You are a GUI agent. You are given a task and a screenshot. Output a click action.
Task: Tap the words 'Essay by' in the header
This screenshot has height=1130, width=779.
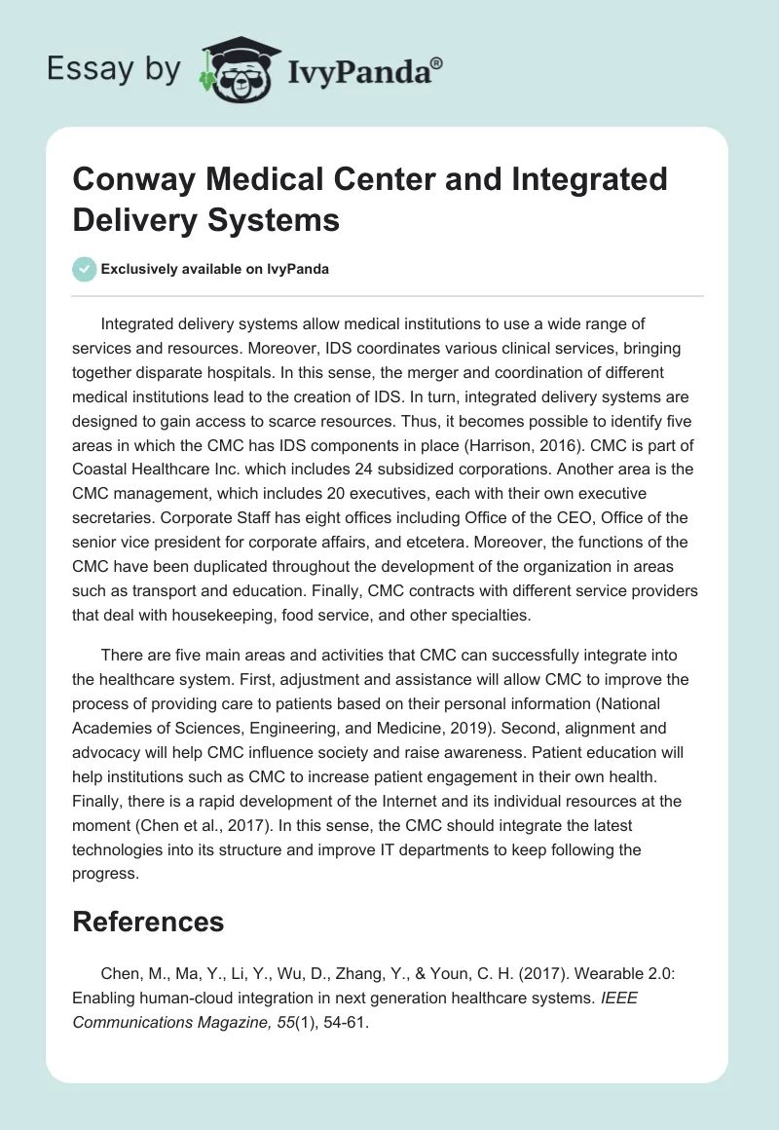113,70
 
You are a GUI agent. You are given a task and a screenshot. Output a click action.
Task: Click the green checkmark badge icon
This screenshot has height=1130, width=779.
85,270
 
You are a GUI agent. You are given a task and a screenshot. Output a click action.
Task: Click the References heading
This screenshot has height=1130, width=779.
148,922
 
